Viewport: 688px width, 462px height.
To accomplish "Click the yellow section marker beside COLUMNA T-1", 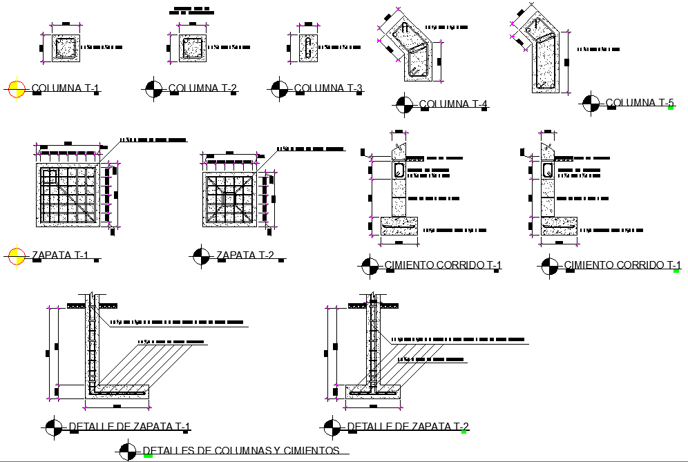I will pyautogui.click(x=16, y=88).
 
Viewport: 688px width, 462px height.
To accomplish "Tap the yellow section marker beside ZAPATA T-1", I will pyautogui.click(x=16, y=256).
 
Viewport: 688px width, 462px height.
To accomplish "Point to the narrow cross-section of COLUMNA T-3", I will pyautogui.click(x=309, y=48).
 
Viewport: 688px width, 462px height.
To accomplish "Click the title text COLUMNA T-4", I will pyautogui.click(x=454, y=105).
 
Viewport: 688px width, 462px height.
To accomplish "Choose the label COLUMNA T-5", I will pyautogui.click(x=640, y=103).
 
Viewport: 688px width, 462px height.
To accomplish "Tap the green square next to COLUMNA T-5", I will pyautogui.click(x=670, y=108).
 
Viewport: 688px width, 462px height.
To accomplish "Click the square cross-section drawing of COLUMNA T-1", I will pyautogui.click(x=66, y=48).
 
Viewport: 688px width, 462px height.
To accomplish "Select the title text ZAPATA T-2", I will pyautogui.click(x=245, y=256).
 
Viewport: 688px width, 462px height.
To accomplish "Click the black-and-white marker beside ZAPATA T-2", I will pyautogui.click(x=201, y=256).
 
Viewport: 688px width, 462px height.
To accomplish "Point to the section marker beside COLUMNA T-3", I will pyautogui.click(x=279, y=88).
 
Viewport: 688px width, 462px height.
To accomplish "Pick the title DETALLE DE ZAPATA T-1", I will pyautogui.click(x=130, y=427).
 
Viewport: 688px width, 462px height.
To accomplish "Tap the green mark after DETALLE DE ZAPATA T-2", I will pyautogui.click(x=465, y=432).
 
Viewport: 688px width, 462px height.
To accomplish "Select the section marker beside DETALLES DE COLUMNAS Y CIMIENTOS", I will pyautogui.click(x=128, y=451).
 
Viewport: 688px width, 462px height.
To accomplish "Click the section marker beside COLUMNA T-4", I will pyautogui.click(x=403, y=105).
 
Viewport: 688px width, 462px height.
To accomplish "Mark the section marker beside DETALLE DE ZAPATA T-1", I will pyautogui.click(x=52, y=427).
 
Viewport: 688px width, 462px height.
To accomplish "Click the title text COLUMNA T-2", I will pyautogui.click(x=203, y=88).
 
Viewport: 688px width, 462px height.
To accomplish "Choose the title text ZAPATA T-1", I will pyautogui.click(x=60, y=256).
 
